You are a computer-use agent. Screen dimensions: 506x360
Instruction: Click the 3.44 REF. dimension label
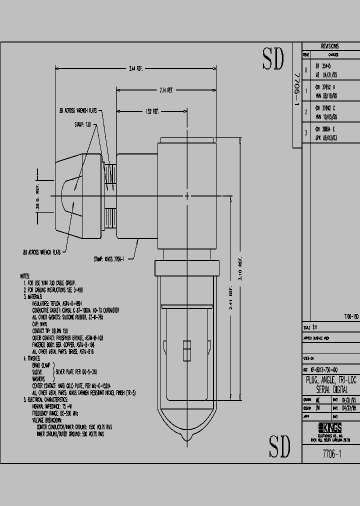[x=136, y=68]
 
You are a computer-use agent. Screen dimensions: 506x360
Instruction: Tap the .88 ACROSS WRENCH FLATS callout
[x=40, y=252]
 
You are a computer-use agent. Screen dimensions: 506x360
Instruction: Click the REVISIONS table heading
[x=329, y=45]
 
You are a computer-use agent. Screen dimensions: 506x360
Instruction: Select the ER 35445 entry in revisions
[x=323, y=65]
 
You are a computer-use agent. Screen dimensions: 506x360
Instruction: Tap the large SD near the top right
[x=273, y=60]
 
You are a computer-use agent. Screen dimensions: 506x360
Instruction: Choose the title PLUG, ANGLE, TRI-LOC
[x=330, y=380]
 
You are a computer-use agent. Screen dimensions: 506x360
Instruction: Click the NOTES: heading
[x=25, y=276]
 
